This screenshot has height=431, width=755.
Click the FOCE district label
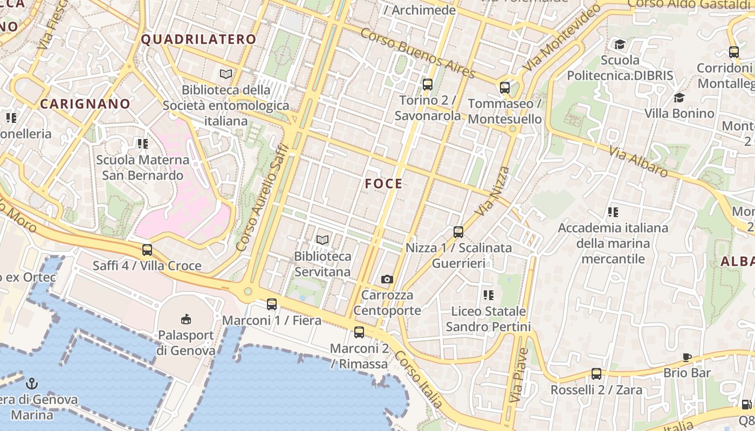(383, 184)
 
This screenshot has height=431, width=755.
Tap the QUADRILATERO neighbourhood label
(198, 39)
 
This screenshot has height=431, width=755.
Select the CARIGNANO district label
(85, 103)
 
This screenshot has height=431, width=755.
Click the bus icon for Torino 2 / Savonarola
(428, 85)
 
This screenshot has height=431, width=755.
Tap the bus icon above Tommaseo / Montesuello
(505, 87)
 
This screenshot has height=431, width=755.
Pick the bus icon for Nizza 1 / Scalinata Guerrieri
(458, 232)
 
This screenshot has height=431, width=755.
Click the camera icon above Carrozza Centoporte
(387, 279)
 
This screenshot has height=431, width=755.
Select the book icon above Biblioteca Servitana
(322, 240)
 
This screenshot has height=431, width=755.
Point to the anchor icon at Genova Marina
(32, 384)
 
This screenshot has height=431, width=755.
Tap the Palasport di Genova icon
(186, 319)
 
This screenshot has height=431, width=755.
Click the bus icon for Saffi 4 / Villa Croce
(147, 250)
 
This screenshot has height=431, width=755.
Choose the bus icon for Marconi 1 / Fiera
(272, 304)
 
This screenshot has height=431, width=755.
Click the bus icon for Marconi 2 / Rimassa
(359, 332)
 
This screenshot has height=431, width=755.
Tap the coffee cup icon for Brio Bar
(687, 357)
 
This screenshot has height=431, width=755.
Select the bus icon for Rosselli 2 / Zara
(596, 374)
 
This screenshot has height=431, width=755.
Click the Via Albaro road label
(639, 161)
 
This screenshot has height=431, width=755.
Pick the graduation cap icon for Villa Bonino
(679, 98)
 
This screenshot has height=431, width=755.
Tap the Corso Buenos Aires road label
(417, 53)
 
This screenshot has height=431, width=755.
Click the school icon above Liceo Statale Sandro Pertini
(489, 295)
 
